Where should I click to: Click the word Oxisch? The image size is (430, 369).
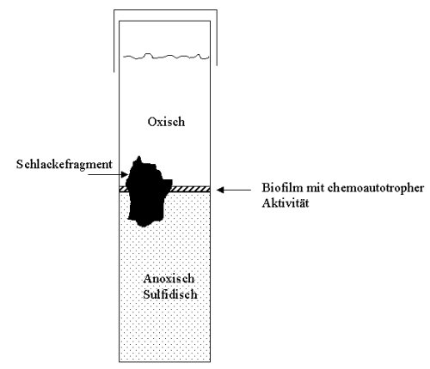click(166, 122)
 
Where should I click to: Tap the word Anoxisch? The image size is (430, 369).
click(169, 278)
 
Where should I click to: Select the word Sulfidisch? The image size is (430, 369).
click(170, 294)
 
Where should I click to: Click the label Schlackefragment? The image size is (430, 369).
click(64, 165)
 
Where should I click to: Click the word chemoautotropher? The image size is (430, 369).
click(376, 189)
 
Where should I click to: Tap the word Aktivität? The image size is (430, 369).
click(286, 203)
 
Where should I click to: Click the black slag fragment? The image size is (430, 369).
click(147, 195)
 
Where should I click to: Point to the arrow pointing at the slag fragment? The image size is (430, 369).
click(107, 174)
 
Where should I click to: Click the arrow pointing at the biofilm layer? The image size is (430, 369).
click(234, 190)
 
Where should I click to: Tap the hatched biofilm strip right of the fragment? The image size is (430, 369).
click(191, 189)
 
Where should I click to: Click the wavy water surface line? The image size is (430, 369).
click(166, 56)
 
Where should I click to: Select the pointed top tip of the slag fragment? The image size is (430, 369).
click(139, 156)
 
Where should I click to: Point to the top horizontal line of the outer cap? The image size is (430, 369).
click(165, 10)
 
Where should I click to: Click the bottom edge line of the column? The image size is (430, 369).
click(165, 362)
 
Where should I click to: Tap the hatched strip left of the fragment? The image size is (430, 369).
click(123, 189)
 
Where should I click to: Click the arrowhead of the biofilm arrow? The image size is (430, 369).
click(219, 190)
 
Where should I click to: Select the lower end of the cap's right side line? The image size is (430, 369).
click(217, 65)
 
